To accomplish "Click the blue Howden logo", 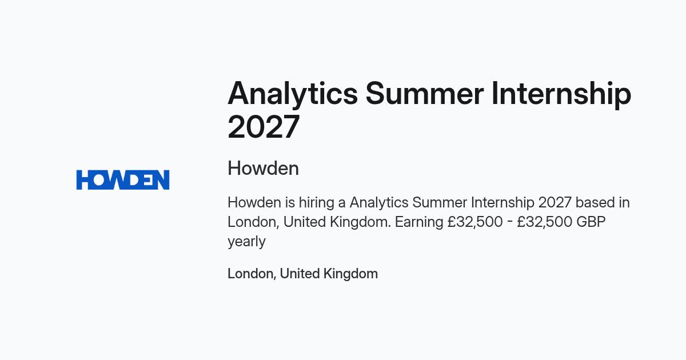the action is pos(123,179).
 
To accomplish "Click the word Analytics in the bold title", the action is pos(293,94).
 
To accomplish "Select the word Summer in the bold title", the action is pos(425,93).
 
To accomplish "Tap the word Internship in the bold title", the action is pos(561,94).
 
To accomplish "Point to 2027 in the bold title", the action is pos(264,126).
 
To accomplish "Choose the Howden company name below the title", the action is pos(263,168).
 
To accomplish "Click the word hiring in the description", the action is pos(316,203).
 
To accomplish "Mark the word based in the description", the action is pos(594,202).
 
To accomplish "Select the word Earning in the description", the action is pos(419,222).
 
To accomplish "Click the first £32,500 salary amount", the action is pos(475,222).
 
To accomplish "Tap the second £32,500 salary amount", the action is pos(544,222).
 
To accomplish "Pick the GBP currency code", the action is pos(591,222).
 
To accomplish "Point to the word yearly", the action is pos(246,242).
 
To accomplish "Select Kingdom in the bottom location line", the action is pos(350,274).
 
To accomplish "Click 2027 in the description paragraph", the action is pos(555,202).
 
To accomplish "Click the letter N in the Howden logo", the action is pos(161,179).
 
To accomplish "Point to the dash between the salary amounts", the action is pos(509,222).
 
